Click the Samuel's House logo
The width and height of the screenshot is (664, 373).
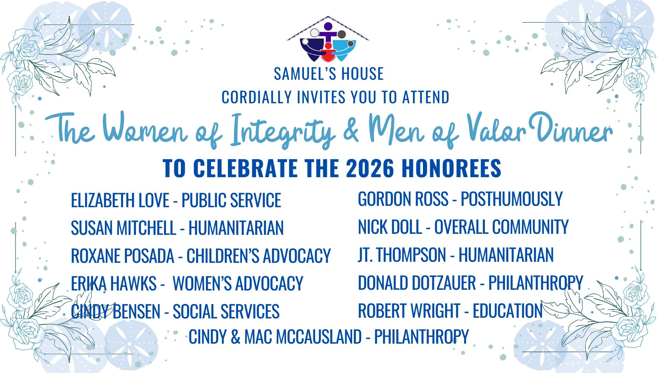[x=328, y=39]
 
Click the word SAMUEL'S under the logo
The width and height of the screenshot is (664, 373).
[x=299, y=74]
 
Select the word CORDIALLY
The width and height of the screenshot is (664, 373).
[x=257, y=97]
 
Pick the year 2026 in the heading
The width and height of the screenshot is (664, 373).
[x=370, y=168]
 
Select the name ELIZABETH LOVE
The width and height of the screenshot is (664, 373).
[x=120, y=200]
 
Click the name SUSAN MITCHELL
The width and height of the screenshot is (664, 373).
[x=123, y=228]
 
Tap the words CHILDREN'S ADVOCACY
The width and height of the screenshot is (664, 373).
[x=259, y=256]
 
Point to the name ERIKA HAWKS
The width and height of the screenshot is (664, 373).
[x=114, y=284]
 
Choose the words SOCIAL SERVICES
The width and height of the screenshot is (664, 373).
[x=226, y=312]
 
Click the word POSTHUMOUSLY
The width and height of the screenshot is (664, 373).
[x=512, y=199]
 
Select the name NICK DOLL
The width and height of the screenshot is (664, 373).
[x=390, y=227]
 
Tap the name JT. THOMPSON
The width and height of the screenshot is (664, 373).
[x=402, y=255]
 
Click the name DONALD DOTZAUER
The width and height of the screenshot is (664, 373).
[x=417, y=283]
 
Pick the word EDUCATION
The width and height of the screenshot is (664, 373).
[x=508, y=311]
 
